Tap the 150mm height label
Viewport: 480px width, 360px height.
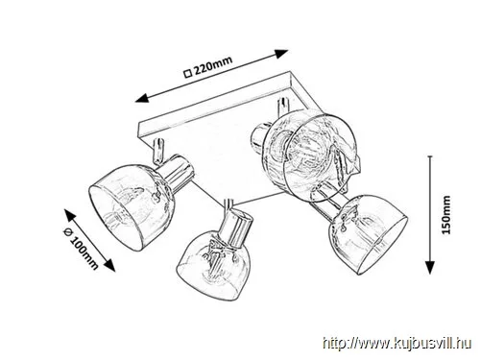coord(446,215)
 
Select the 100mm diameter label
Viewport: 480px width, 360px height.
coord(84,252)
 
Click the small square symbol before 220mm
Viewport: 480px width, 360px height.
coord(188,74)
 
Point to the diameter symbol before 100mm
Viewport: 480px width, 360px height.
coord(68,232)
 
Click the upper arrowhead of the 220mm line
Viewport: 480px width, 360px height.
coord(281,54)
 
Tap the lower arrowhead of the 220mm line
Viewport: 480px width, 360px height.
coord(142,98)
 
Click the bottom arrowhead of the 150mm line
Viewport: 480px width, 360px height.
coord(430,267)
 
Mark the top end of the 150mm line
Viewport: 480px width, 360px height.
coord(430,156)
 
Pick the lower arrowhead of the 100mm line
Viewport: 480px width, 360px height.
coord(109,265)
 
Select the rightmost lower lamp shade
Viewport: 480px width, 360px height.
coord(368,235)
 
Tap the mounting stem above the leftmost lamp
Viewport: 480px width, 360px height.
coord(158,151)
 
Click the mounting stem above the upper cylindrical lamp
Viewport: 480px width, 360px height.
coord(283,108)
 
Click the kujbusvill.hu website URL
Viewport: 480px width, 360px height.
coord(396,344)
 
